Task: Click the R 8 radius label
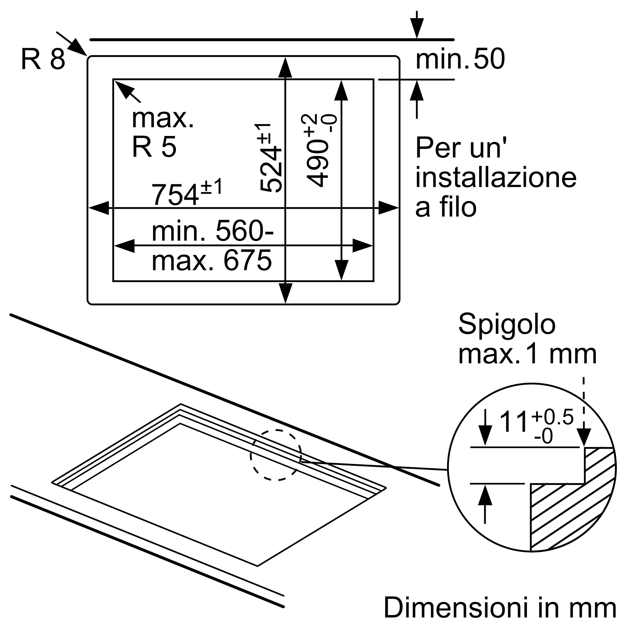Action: pyautogui.click(x=43, y=59)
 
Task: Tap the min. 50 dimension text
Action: pyautogui.click(x=460, y=59)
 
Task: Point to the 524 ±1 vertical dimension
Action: pyautogui.click(x=270, y=158)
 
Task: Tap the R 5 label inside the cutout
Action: pyautogui.click(x=154, y=147)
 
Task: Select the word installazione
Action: pyautogui.click(x=496, y=177)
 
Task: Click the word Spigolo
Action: pyautogui.click(x=507, y=325)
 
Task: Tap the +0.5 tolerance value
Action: pyautogui.click(x=552, y=417)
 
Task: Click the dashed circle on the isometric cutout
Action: pyautogui.click(x=276, y=455)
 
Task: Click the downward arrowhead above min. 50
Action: pyautogui.click(x=417, y=27)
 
